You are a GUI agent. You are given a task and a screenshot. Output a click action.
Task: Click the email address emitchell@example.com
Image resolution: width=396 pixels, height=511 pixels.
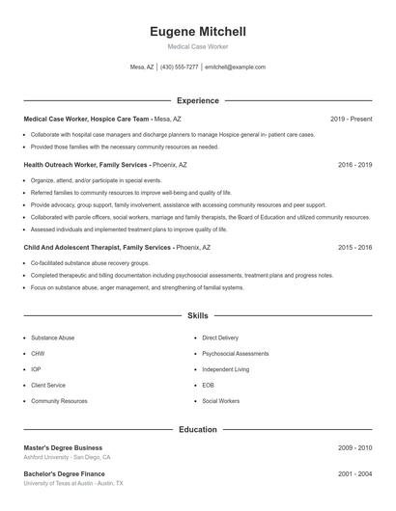[235, 67]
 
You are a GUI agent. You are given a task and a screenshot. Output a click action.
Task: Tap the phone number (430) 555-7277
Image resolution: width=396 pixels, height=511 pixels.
[180, 67]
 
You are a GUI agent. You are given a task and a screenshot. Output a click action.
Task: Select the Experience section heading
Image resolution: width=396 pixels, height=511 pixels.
[197, 100]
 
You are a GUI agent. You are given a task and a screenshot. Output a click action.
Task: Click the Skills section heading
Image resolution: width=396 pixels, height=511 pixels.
[197, 315]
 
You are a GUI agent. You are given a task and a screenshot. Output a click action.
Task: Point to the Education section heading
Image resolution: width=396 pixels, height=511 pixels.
[197, 429]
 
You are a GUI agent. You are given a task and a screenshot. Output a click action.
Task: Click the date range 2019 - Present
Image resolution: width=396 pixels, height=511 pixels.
[351, 119]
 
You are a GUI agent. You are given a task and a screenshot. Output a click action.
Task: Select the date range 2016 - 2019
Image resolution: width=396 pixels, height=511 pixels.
[354, 165]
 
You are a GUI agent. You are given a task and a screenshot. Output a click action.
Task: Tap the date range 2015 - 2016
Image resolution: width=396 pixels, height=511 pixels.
[354, 248]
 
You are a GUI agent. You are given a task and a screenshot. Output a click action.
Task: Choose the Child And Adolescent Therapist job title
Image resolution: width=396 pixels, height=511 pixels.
[72, 248]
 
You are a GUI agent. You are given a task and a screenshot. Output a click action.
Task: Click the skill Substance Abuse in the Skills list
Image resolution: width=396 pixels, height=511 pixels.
[51, 338]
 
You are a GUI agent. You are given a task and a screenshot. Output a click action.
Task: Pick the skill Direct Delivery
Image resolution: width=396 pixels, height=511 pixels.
[220, 338]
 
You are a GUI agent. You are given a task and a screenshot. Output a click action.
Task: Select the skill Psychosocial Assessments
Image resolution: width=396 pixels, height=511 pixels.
[236, 354]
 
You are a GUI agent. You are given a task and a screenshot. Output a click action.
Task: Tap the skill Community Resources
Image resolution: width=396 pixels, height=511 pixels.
[59, 400]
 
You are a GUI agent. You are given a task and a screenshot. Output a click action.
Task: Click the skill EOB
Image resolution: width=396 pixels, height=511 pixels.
[208, 385]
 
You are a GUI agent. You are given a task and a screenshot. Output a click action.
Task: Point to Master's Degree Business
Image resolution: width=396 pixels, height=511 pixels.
[63, 448]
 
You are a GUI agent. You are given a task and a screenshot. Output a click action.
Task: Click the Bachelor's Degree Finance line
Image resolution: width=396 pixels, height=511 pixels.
[64, 473]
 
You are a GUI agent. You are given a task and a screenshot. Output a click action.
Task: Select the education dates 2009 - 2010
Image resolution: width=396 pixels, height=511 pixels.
[354, 448]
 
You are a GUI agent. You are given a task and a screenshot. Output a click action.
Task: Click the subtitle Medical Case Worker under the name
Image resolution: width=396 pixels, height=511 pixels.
[197, 46]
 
